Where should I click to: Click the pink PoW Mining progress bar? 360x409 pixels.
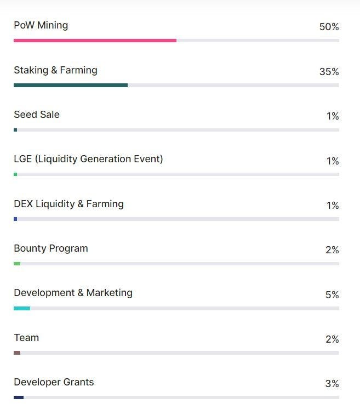pyautogui.click(x=95, y=41)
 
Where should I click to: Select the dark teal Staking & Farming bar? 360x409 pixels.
pyautogui.click(x=71, y=86)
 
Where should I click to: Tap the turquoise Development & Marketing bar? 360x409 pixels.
pyautogui.click(x=22, y=309)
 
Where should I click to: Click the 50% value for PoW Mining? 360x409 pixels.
pyautogui.click(x=329, y=27)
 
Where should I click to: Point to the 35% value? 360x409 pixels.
pyautogui.click(x=329, y=72)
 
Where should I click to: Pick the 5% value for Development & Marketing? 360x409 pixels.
pyautogui.click(x=332, y=295)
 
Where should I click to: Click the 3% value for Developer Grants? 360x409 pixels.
pyautogui.click(x=332, y=384)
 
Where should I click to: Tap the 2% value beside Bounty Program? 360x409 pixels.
pyautogui.click(x=332, y=250)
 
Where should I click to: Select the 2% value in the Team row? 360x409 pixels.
pyautogui.click(x=332, y=339)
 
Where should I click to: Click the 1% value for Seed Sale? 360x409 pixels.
pyautogui.click(x=333, y=116)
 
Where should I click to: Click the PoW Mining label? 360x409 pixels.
pyautogui.click(x=41, y=25)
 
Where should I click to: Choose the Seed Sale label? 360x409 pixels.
pyautogui.click(x=37, y=115)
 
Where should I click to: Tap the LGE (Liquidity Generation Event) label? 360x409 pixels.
pyautogui.click(x=88, y=159)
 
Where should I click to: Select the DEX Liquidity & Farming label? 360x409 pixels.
pyautogui.click(x=68, y=204)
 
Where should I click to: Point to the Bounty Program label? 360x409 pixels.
pyautogui.click(x=51, y=248)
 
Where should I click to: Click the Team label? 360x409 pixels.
pyautogui.click(x=26, y=338)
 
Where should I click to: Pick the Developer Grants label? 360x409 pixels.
pyautogui.click(x=54, y=382)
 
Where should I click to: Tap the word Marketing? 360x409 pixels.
pyautogui.click(x=110, y=293)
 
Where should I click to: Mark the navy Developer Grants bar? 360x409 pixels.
pyautogui.click(x=19, y=397)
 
